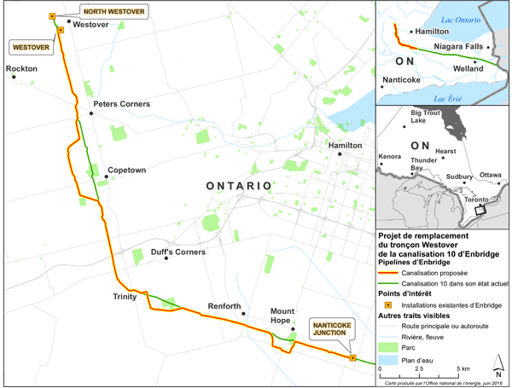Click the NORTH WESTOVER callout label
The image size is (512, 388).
click(x=113, y=12)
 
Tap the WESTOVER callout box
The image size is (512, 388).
click(x=29, y=46)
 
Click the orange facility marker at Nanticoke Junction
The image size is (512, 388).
click(x=352, y=358)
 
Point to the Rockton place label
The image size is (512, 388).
click(x=20, y=67)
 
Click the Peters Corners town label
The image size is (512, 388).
click(x=121, y=104)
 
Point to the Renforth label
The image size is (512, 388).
click(x=225, y=306)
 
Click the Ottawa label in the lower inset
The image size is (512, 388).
click(x=490, y=175)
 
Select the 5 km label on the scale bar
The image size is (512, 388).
click(x=463, y=368)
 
